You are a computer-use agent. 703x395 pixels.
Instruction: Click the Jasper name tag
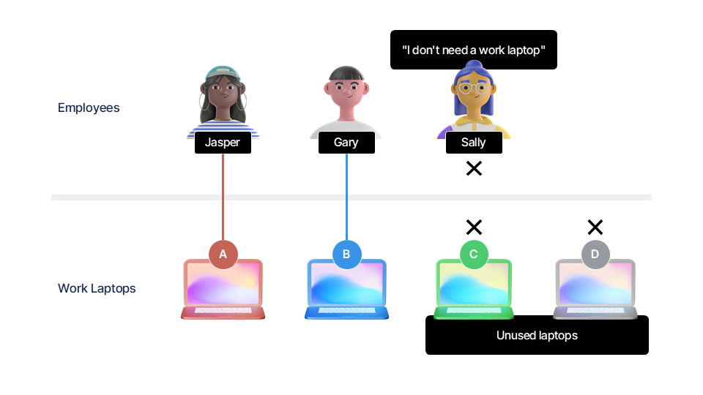tap(223, 143)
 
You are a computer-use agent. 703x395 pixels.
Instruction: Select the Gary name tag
tap(346, 143)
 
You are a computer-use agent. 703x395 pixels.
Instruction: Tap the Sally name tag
tap(474, 143)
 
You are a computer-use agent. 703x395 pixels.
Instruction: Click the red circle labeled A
tap(223, 255)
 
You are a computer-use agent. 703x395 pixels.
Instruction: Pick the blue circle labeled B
tap(346, 255)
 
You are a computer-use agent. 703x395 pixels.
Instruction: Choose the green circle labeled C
tap(474, 255)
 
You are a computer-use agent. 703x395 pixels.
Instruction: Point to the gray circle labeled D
tap(595, 255)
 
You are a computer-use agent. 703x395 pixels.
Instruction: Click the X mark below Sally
tap(474, 168)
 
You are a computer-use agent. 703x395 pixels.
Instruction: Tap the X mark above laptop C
tap(474, 227)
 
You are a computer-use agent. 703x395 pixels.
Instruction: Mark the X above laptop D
tap(595, 227)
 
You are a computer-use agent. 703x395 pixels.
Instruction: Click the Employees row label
tap(89, 108)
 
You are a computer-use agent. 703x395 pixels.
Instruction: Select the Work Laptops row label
tap(97, 288)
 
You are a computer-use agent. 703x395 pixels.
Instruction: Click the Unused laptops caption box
tap(537, 335)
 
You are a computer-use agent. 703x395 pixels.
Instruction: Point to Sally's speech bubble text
tap(474, 50)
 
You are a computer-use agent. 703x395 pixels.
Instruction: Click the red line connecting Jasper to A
tap(223, 197)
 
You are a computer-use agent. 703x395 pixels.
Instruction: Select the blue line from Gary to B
tap(346, 197)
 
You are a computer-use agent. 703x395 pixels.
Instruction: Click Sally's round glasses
tap(474, 89)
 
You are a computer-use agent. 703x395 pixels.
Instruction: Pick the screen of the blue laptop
tap(346, 283)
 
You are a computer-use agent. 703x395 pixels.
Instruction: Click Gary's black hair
tap(346, 73)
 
